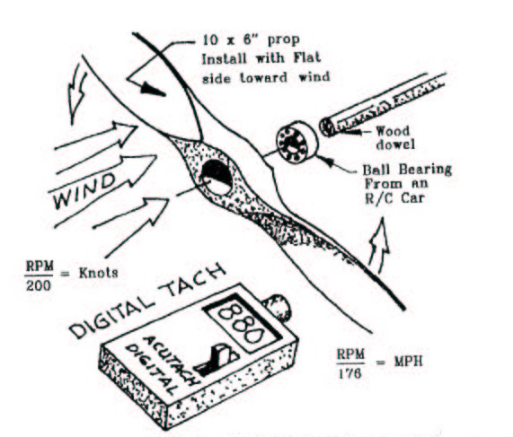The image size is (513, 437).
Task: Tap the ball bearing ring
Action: pyautogui.click(x=296, y=142)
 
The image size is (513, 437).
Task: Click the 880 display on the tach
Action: pyautogui.click(x=243, y=321)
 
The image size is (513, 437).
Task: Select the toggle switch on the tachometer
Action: pyautogui.click(x=216, y=361)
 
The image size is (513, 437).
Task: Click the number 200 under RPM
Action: pyautogui.click(x=39, y=286)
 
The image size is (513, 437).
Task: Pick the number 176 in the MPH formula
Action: pyautogui.click(x=349, y=373)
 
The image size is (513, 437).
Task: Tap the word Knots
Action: pyautogui.click(x=98, y=273)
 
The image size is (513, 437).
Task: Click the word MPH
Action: pyautogui.click(x=408, y=362)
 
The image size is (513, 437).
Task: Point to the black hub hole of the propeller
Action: pyautogui.click(x=217, y=177)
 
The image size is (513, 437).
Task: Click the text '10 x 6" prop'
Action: pyautogui.click(x=252, y=40)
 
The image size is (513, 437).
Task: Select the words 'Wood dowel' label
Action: pyautogui.click(x=395, y=137)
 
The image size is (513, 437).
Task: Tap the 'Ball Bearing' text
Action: pyautogui.click(x=407, y=170)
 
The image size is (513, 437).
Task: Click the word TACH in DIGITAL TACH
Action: pyautogui.click(x=196, y=279)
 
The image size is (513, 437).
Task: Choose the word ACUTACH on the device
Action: pyautogui.click(x=171, y=360)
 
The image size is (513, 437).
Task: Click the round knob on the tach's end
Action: pyautogui.click(x=277, y=307)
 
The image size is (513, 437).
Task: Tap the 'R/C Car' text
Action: pyautogui.click(x=395, y=198)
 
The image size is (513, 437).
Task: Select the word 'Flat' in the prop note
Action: pyautogui.click(x=307, y=58)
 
